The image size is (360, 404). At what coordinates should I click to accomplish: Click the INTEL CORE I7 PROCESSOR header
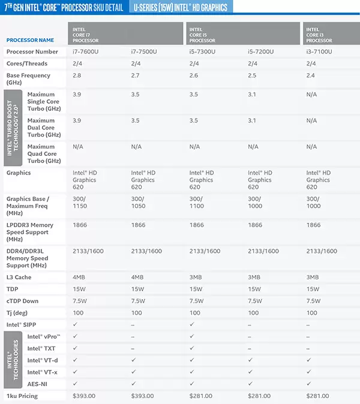click(86, 35)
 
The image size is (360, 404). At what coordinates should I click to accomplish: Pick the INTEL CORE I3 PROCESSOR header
click(319, 35)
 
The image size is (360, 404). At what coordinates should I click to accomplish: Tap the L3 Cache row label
click(19, 278)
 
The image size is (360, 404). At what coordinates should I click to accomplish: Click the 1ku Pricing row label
click(22, 396)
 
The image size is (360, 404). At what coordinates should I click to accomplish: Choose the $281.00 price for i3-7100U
click(318, 396)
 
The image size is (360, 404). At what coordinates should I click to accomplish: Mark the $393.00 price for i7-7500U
click(143, 396)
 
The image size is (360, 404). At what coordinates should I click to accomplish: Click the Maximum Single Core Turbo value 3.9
click(77, 95)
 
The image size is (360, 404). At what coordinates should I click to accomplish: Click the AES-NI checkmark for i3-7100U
click(309, 384)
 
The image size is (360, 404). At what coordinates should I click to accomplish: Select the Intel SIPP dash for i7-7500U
click(133, 324)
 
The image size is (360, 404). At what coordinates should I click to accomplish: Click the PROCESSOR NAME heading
click(30, 40)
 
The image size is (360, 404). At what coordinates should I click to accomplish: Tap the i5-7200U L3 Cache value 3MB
click(254, 278)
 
